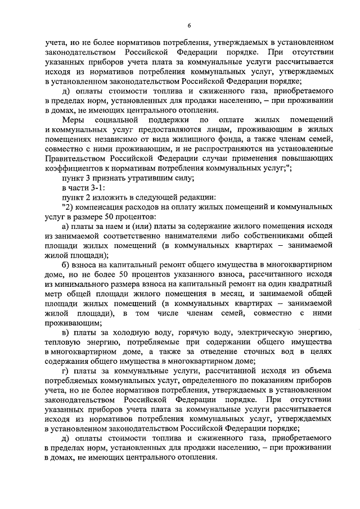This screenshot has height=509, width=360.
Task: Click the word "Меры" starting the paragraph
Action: pos(74,120)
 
